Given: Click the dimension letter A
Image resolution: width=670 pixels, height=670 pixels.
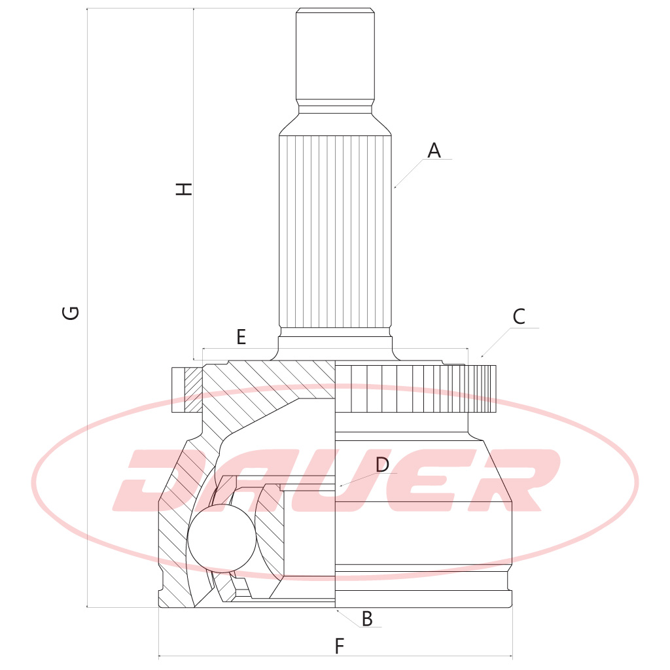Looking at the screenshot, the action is (x=434, y=150).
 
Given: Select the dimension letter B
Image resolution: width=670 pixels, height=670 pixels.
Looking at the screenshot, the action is (x=367, y=619).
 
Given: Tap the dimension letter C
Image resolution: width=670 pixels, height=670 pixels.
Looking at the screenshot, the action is (x=519, y=317).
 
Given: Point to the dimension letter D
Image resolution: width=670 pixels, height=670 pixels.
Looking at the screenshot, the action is (x=382, y=465).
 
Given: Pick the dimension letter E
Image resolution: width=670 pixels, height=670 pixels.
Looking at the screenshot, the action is (x=241, y=337).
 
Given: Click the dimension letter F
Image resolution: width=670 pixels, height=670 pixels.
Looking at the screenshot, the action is (x=340, y=646).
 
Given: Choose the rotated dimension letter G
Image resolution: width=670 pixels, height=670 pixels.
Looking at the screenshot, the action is (x=71, y=313).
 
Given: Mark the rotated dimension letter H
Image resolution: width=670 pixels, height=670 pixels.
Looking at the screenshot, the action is (x=184, y=189).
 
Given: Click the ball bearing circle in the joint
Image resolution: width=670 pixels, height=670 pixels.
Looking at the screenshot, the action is (x=222, y=538).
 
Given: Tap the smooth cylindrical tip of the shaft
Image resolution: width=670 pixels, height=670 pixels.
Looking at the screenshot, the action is (x=336, y=54).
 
